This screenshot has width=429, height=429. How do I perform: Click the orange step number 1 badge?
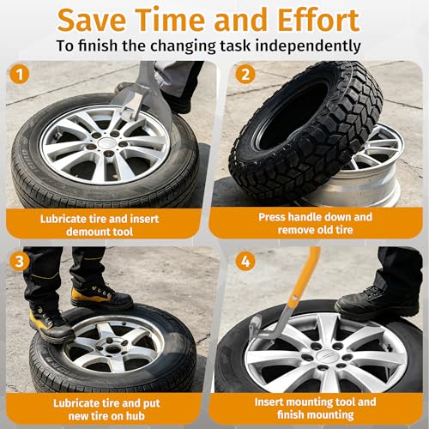coord(20,75)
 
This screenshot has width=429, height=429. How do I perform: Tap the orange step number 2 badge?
coord(245,74)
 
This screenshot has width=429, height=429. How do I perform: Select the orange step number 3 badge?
coord(20,262)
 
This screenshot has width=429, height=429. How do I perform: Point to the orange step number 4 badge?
coord(245,262)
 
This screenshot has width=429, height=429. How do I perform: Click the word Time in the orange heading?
coord(172,20)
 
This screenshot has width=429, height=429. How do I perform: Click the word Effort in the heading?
coord(318,20)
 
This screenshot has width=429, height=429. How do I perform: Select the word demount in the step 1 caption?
coord(88,232)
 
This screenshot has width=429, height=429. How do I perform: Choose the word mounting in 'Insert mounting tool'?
coord(310,402)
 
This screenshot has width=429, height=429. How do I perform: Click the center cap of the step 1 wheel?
coord(106,142)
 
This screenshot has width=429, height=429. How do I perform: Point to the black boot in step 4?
coord(378,303)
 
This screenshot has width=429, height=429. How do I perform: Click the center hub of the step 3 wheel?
coord(113,348)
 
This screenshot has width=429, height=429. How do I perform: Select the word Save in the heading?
coord(92,20)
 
